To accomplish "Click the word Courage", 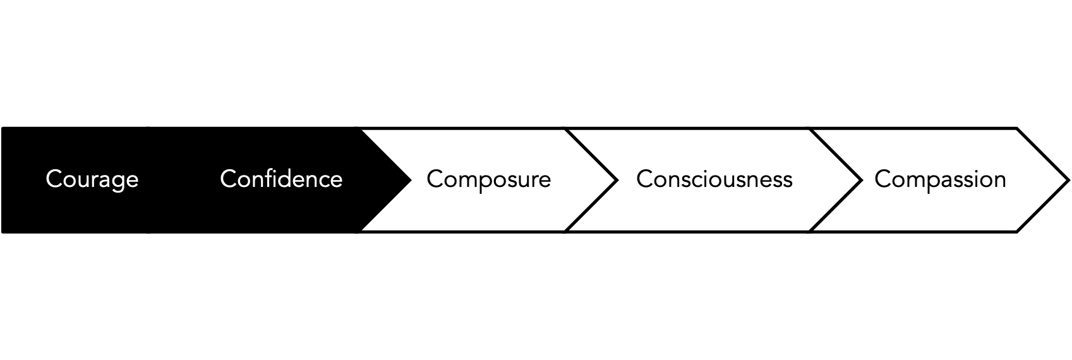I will [92, 179].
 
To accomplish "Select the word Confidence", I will [281, 179].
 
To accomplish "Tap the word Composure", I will [488, 179].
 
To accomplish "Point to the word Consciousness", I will [714, 179].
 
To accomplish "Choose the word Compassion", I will [940, 179].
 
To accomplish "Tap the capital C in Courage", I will [53, 179].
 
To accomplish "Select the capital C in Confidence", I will [227, 179].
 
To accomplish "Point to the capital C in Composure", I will [434, 179].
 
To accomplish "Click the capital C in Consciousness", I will [644, 179].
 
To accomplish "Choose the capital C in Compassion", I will [882, 179].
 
